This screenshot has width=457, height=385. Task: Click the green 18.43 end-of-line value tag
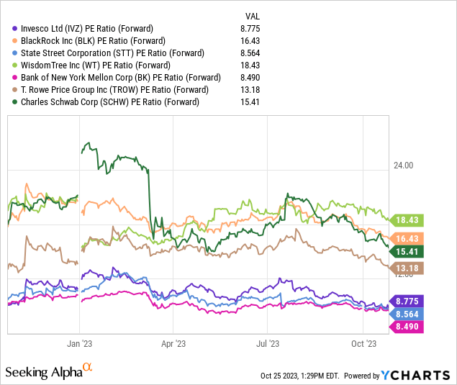click(407, 220)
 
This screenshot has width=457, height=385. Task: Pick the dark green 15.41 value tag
click(407, 251)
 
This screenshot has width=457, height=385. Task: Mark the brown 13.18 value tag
click(407, 268)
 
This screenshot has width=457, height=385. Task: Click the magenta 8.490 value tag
click(407, 327)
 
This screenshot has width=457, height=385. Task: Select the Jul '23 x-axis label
click(268, 344)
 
